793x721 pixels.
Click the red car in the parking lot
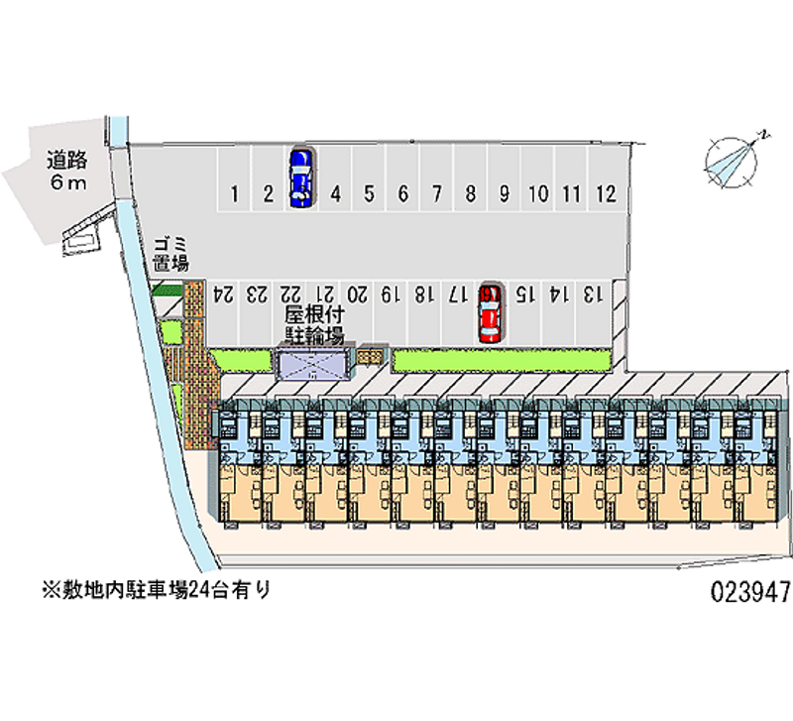pyautogui.click(x=489, y=312)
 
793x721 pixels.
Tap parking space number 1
pyautogui.click(x=233, y=194)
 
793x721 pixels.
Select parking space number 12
pyautogui.click(x=607, y=194)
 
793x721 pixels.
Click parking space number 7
pyautogui.click(x=436, y=194)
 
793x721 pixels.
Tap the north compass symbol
pyautogui.click(x=734, y=159)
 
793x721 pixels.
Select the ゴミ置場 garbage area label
pyautogui.click(x=170, y=254)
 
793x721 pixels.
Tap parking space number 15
pyautogui.click(x=525, y=295)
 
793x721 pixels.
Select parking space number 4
pyautogui.click(x=335, y=194)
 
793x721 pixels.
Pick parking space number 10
pyautogui.click(x=538, y=194)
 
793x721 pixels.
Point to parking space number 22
pyautogui.click(x=290, y=295)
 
